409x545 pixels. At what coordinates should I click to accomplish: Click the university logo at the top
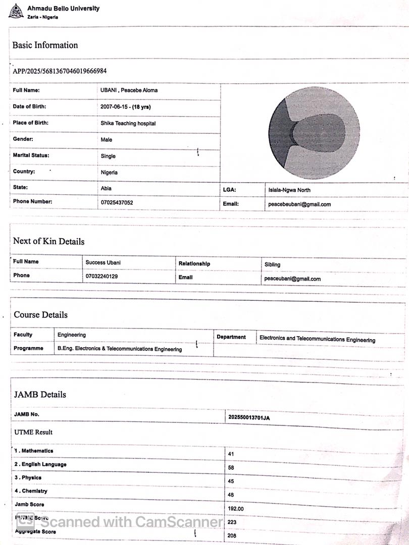(16, 11)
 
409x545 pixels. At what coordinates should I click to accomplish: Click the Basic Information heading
(45, 45)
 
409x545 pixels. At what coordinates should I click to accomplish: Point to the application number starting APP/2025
(60, 71)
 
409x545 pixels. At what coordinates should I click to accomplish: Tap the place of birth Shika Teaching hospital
(128, 123)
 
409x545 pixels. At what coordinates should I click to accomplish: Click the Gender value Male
(107, 140)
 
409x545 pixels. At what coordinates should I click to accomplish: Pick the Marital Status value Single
(108, 156)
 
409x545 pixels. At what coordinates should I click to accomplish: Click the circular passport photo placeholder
(314, 133)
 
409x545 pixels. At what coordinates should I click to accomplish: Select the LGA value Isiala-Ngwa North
(289, 190)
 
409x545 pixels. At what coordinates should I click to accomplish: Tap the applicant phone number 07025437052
(117, 202)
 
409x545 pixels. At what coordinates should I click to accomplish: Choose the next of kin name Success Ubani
(103, 262)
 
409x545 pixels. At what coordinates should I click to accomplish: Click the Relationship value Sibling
(272, 264)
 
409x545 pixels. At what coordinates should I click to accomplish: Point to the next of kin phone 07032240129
(101, 277)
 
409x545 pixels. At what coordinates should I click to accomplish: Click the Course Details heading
(40, 315)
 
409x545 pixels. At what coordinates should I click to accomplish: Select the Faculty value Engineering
(72, 335)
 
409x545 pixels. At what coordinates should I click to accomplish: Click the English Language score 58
(231, 468)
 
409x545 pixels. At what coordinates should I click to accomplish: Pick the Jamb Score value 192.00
(236, 509)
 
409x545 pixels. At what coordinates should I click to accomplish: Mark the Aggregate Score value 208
(232, 535)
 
